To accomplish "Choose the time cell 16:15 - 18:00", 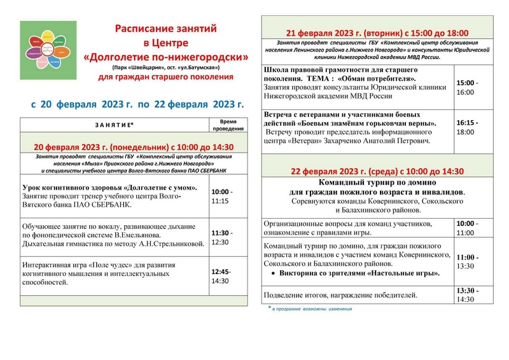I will (x=468, y=127).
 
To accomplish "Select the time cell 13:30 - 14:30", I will (x=469, y=295).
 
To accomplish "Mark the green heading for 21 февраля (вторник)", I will (x=377, y=34).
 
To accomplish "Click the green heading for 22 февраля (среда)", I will (x=377, y=172).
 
